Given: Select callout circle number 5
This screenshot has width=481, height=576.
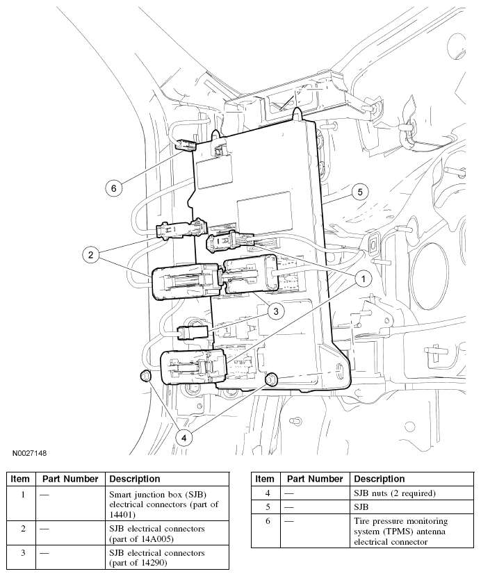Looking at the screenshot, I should (x=358, y=192).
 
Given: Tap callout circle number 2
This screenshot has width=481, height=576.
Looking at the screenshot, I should (x=90, y=255).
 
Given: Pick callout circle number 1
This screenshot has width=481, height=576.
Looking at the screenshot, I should (x=362, y=278).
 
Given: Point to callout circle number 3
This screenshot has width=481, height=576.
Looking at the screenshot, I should (x=276, y=312).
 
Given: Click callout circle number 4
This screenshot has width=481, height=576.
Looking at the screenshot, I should (x=184, y=437).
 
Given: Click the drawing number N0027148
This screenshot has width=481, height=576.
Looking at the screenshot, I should (x=28, y=453).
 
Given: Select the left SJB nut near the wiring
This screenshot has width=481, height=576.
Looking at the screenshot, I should (x=145, y=377).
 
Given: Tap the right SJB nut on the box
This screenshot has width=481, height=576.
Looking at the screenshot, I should (x=272, y=379).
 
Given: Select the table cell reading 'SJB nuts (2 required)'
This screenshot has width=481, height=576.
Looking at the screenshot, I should (x=394, y=493).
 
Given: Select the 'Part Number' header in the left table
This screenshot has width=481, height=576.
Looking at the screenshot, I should (x=70, y=479).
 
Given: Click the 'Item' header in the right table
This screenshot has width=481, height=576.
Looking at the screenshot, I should (x=264, y=479).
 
